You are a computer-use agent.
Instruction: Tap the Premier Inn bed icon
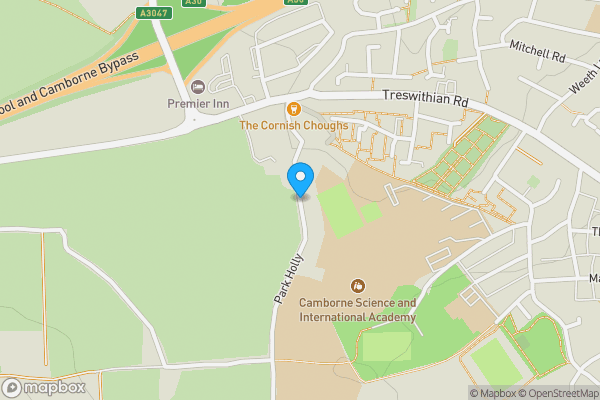(x=197, y=87)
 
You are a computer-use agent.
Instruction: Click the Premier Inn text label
(x=198, y=104)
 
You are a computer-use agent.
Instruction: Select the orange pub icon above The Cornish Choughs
(x=293, y=108)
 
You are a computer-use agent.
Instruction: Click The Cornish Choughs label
(x=293, y=126)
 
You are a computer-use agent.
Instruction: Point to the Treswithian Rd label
(x=425, y=100)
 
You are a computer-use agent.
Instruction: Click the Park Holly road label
(x=288, y=279)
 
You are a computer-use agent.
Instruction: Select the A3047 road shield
(x=153, y=14)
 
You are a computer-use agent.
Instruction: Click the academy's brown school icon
(x=358, y=286)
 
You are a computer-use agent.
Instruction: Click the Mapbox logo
(x=44, y=387)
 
